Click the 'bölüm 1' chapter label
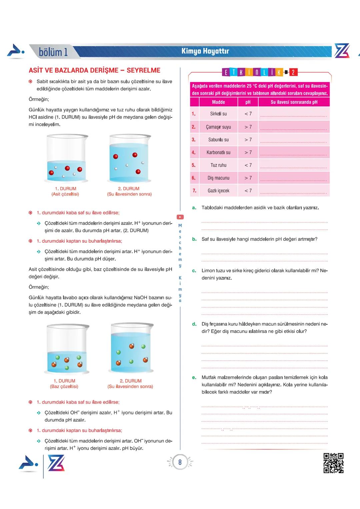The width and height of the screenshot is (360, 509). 53,52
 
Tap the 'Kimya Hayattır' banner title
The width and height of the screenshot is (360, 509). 205,51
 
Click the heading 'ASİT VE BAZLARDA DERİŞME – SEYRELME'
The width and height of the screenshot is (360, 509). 94,70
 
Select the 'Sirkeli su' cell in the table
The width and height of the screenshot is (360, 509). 218,114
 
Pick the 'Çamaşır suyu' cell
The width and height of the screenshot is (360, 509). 218,127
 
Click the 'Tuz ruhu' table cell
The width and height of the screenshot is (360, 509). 218,165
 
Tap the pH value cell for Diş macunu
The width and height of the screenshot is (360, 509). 248,178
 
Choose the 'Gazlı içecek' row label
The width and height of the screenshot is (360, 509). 218,191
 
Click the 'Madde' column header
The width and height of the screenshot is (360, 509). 218,102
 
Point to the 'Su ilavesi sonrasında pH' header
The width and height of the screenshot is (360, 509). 294,102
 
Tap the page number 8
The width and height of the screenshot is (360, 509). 180,462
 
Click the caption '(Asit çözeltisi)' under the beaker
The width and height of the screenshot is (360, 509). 65,194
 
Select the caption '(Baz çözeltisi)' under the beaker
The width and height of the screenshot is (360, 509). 64,386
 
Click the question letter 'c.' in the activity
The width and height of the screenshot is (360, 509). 194,271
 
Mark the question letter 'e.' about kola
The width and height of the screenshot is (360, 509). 194,377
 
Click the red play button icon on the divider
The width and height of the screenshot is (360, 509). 180,217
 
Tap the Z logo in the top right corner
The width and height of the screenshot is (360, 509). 342,51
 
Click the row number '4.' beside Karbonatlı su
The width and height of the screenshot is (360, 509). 193,152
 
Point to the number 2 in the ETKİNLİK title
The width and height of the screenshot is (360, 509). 293,72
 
